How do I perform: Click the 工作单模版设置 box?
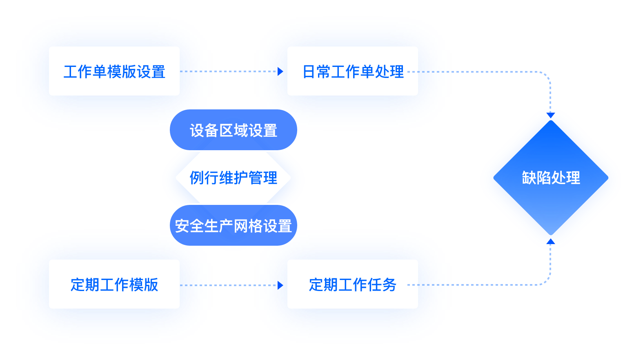(114, 71)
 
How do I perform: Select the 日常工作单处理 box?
(352, 71)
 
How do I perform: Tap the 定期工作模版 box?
(114, 284)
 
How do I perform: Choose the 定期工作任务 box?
(352, 284)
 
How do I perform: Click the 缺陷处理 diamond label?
(551, 178)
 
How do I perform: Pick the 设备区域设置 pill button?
(233, 130)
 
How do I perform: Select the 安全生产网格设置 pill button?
(233, 226)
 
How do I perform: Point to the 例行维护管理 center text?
(233, 178)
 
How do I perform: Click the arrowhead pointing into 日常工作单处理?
(281, 71)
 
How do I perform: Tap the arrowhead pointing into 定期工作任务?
(281, 285)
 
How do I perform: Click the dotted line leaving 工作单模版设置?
(233, 71)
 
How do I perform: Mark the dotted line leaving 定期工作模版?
(233, 285)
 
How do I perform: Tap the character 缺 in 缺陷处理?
(529, 178)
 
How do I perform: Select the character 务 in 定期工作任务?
(389, 285)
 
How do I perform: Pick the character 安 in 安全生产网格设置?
(182, 226)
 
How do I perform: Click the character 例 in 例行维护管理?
(197, 178)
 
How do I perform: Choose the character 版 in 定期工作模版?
(151, 285)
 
